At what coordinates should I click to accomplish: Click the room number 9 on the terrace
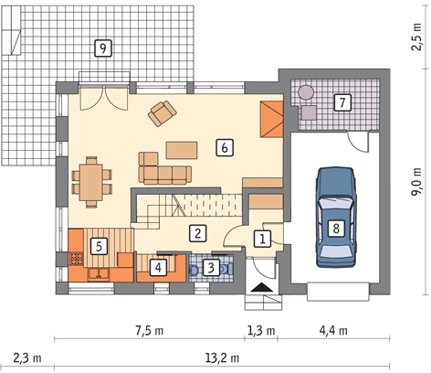pos(103,48)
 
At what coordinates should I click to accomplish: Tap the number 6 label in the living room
pos(225,148)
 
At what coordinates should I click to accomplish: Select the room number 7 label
pos(342,102)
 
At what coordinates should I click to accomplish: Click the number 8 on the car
pos(336,228)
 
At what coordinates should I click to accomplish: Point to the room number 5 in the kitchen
pos(99,246)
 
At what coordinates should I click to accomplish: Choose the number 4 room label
pos(158,268)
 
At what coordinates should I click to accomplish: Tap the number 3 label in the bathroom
pos(211,268)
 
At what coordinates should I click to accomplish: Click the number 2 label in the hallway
pos(198,234)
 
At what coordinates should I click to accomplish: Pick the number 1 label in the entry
pos(262,239)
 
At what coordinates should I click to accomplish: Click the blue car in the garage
pos(336,218)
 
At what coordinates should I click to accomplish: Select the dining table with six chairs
pos(91,182)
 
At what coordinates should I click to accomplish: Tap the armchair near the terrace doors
pos(162,113)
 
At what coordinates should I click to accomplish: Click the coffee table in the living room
pos(182,150)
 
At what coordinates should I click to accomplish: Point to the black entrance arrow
pos(262,287)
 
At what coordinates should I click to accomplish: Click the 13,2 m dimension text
pos(222,358)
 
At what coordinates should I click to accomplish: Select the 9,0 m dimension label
pos(417,182)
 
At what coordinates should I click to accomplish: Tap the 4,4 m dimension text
pos(333,330)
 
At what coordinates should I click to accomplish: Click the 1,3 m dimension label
pos(261,330)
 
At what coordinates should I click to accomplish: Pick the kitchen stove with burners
pos(77,259)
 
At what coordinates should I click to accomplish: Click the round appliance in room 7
pos(306,92)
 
